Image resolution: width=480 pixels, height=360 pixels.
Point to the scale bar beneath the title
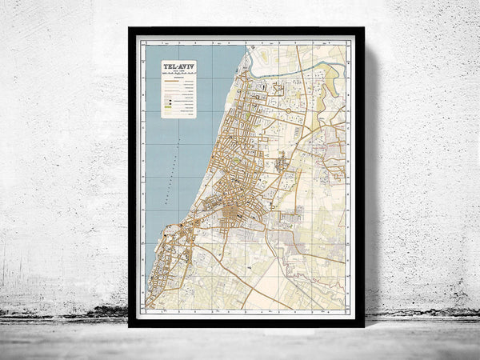point(178,75)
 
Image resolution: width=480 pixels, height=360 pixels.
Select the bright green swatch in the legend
point(169,103)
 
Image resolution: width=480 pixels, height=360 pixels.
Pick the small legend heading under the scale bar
point(178,80)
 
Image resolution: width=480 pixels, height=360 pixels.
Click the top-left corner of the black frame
point(130,30)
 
